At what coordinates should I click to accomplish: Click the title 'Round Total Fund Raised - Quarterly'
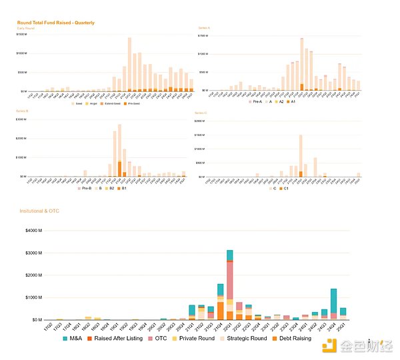coord(55,23)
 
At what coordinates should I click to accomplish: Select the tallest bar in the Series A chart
coord(302,64)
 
